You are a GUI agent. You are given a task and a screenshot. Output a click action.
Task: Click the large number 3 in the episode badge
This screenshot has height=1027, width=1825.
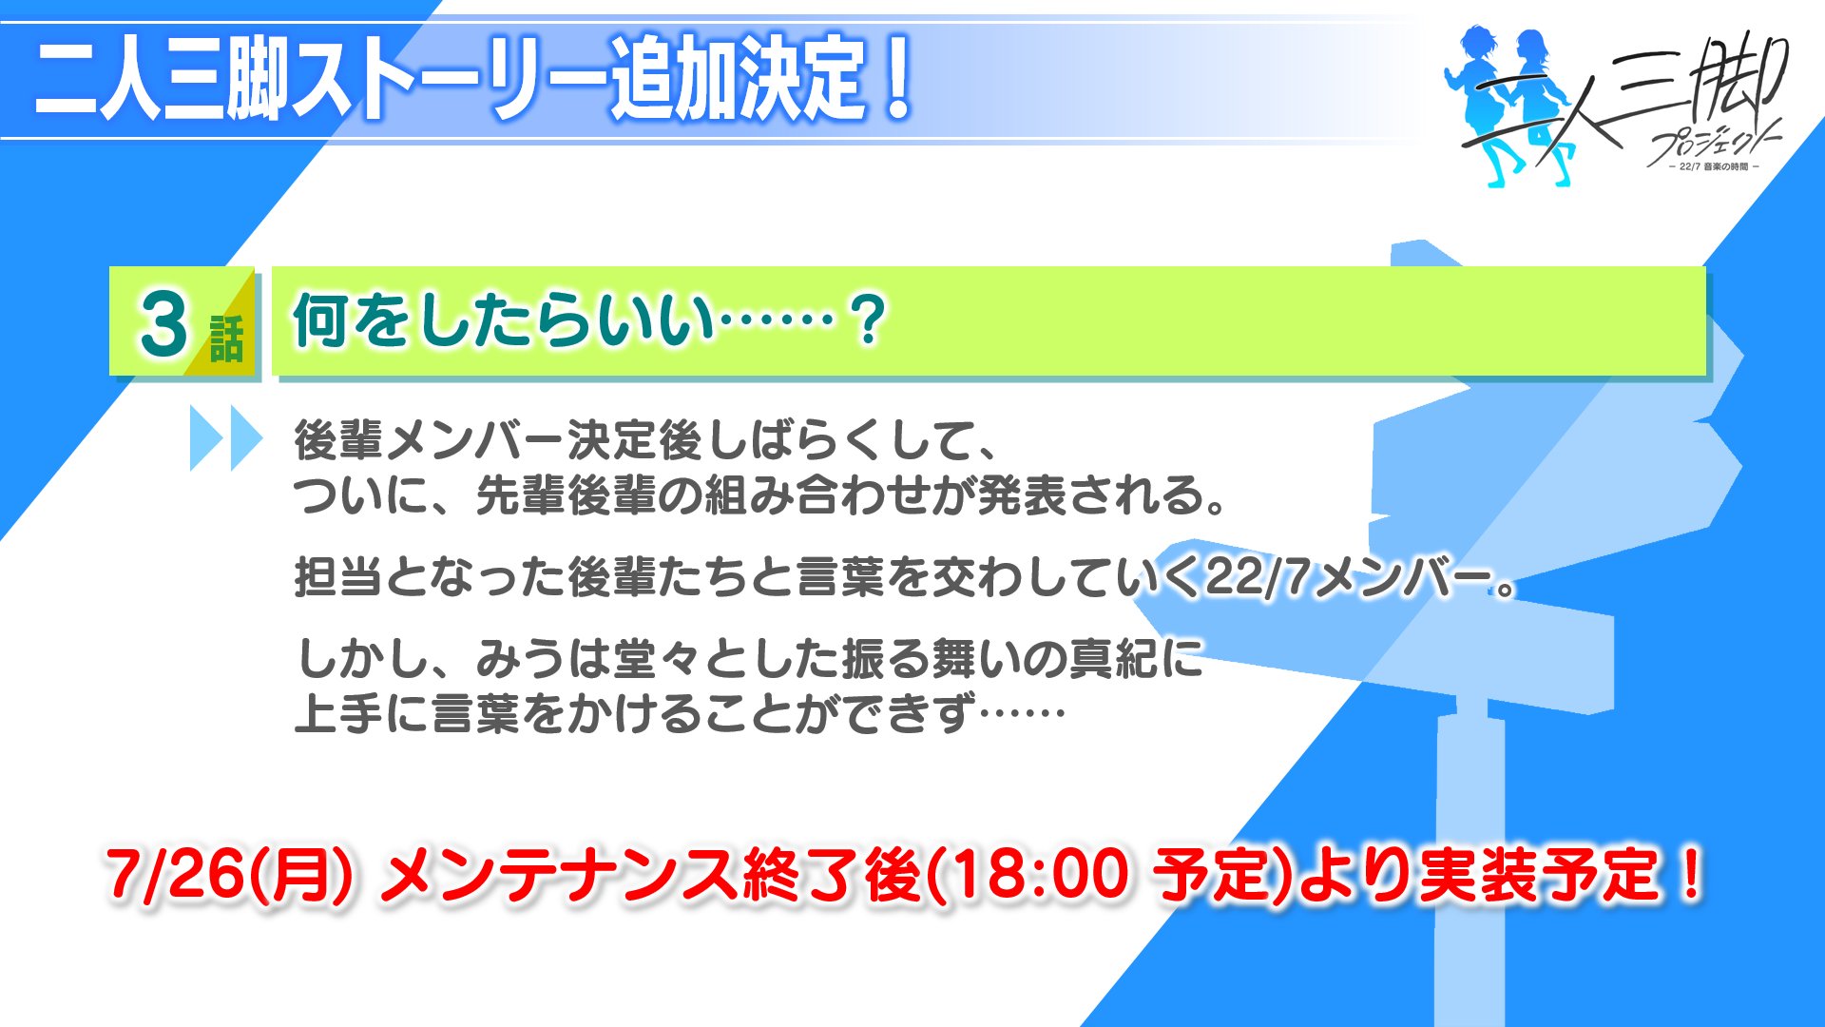(163, 323)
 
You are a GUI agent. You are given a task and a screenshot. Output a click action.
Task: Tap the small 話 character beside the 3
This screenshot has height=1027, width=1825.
(226, 339)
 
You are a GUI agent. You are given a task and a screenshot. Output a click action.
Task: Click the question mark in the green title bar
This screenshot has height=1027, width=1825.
(868, 320)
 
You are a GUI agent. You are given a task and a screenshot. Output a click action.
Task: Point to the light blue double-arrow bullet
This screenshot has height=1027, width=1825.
(226, 438)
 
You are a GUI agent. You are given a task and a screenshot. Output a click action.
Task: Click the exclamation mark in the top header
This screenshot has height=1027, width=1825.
(895, 77)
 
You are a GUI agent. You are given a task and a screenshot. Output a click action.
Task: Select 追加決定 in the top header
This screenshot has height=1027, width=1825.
(738, 78)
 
